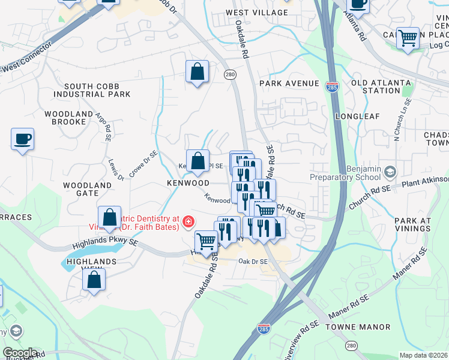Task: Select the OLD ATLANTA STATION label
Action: [381, 86]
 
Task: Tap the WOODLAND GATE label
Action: [88, 190]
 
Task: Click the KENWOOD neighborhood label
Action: [188, 182]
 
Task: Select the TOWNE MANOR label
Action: [358, 327]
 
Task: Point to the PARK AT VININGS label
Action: [413, 225]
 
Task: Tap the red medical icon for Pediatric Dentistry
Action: [188, 223]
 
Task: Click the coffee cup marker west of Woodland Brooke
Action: [23, 139]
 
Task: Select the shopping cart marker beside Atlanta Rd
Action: [408, 38]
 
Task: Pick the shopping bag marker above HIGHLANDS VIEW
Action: [94, 280]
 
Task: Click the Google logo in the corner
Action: [20, 352]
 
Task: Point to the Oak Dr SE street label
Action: [253, 261]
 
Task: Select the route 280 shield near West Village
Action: [231, 74]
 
